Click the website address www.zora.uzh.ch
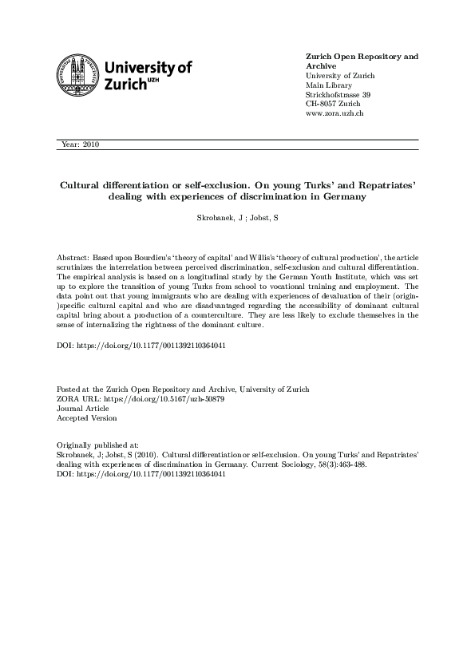(x=335, y=114)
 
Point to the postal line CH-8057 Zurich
(x=333, y=105)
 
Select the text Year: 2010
(x=79, y=144)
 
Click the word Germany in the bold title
(x=341, y=196)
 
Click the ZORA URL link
(x=140, y=398)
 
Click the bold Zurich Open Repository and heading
(x=362, y=57)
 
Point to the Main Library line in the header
(x=330, y=85)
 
